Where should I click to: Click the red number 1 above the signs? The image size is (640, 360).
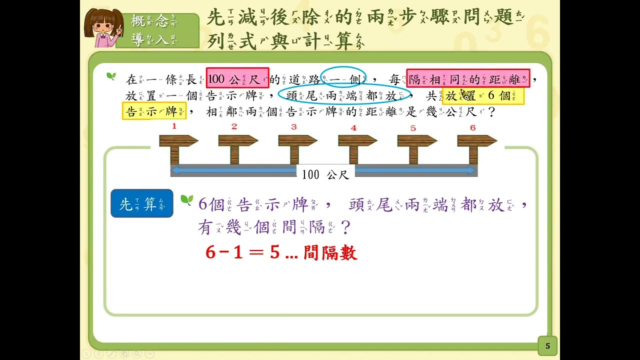tap(174, 126)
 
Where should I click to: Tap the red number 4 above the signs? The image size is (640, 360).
tap(353, 127)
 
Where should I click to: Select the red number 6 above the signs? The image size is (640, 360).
tap(473, 127)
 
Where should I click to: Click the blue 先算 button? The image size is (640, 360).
tap(142, 203)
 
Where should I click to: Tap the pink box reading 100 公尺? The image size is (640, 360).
tap(237, 77)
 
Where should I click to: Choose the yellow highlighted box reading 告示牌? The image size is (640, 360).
tap(154, 111)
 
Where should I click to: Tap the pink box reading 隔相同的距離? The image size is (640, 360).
tap(468, 78)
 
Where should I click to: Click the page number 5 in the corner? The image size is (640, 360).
tap(547, 346)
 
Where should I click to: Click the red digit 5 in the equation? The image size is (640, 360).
tap(274, 252)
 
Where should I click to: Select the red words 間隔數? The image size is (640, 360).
tap(330, 252)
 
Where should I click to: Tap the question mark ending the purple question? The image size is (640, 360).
tap(345, 227)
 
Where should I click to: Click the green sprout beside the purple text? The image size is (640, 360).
tap(187, 200)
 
